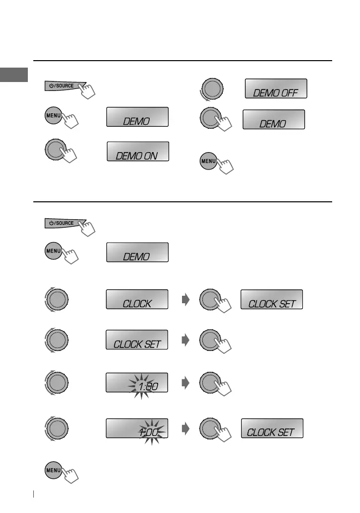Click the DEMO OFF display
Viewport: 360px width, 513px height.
tap(276, 88)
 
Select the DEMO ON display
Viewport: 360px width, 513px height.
tap(138, 151)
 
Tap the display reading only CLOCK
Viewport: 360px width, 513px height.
tap(137, 299)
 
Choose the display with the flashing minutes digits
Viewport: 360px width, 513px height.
tap(137, 428)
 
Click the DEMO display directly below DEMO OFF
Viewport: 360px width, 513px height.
tap(273, 120)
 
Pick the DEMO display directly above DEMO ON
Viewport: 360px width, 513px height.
tap(137, 117)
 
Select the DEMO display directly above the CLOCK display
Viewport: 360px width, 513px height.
tap(137, 252)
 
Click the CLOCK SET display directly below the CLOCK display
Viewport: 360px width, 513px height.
tap(137, 340)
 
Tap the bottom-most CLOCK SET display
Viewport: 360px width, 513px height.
tap(272, 428)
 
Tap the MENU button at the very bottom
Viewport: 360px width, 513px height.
tap(54, 470)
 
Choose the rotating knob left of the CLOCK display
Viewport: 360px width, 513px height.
tap(56, 299)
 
